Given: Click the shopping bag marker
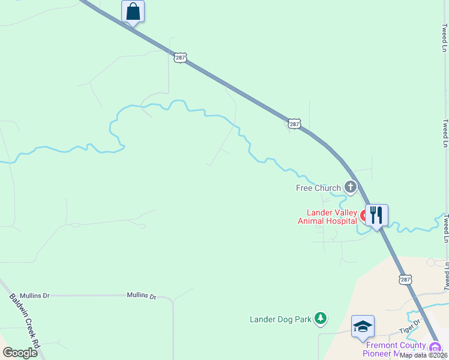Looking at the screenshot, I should pos(133,11).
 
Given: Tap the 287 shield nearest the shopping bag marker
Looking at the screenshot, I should pos(181,58).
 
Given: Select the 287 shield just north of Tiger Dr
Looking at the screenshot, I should pos(406,279).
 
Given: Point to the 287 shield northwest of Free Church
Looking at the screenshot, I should pos(294,124).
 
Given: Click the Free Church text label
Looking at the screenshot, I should pos(318,188).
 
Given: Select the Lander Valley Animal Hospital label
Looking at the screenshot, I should pos(328,217).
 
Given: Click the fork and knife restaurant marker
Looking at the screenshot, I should pos(376,215).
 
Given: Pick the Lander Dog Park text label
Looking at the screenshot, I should pos(280,319).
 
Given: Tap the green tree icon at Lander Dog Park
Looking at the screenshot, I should pos(321,319).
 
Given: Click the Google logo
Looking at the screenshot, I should pos(20,353).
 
